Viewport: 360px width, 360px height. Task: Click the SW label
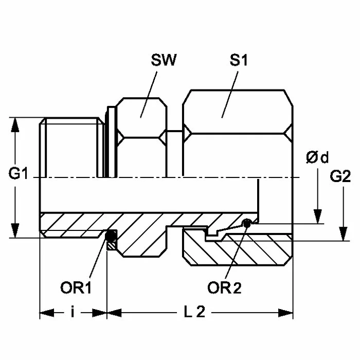pos(164,61)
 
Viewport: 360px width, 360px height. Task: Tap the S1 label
pos(239,61)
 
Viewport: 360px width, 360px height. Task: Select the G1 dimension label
pos(18,175)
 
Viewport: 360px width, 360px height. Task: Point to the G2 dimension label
pos(340,177)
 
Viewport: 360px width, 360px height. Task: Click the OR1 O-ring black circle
pos(110,237)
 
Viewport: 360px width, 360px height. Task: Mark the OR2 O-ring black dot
pos(248,223)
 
